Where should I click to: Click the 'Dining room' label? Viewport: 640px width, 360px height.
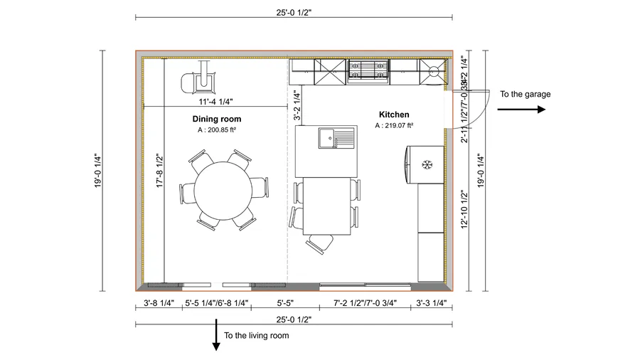(216, 119)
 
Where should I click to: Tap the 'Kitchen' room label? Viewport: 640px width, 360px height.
(393, 114)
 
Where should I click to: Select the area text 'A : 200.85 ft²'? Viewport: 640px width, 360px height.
(216, 130)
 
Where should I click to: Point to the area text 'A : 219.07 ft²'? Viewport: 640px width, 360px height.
(394, 125)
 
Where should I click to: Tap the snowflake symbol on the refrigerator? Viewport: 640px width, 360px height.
(427, 165)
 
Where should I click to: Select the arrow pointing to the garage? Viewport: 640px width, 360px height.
(521, 110)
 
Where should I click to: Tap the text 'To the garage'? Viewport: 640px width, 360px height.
(525, 94)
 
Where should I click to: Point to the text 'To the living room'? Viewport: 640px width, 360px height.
(257, 335)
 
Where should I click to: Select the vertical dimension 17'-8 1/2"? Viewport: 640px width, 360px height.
(160, 171)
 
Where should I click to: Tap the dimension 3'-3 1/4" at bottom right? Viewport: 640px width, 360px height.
(431, 303)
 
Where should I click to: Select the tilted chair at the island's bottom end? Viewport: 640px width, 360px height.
(319, 243)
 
